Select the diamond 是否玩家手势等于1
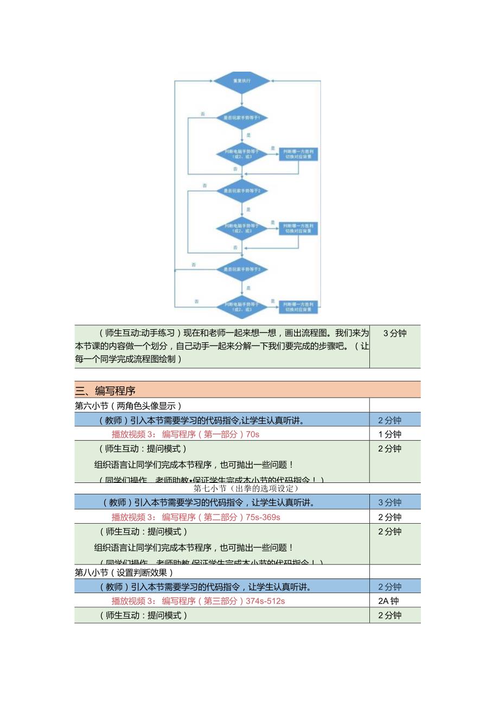point(241,118)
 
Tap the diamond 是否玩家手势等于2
point(242,191)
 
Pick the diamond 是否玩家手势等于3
point(242,269)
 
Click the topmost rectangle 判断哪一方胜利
point(298,154)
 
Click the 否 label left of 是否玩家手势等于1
point(203,114)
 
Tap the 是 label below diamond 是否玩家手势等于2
point(248,209)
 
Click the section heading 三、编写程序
point(106,390)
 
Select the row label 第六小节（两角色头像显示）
point(128,405)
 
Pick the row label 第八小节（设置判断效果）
point(124,572)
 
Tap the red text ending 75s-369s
point(196,517)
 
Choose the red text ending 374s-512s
point(198,601)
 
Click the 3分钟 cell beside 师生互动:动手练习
point(394,333)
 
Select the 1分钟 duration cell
point(389,434)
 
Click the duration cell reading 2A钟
point(389,601)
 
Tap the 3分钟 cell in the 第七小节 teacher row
point(389,503)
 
